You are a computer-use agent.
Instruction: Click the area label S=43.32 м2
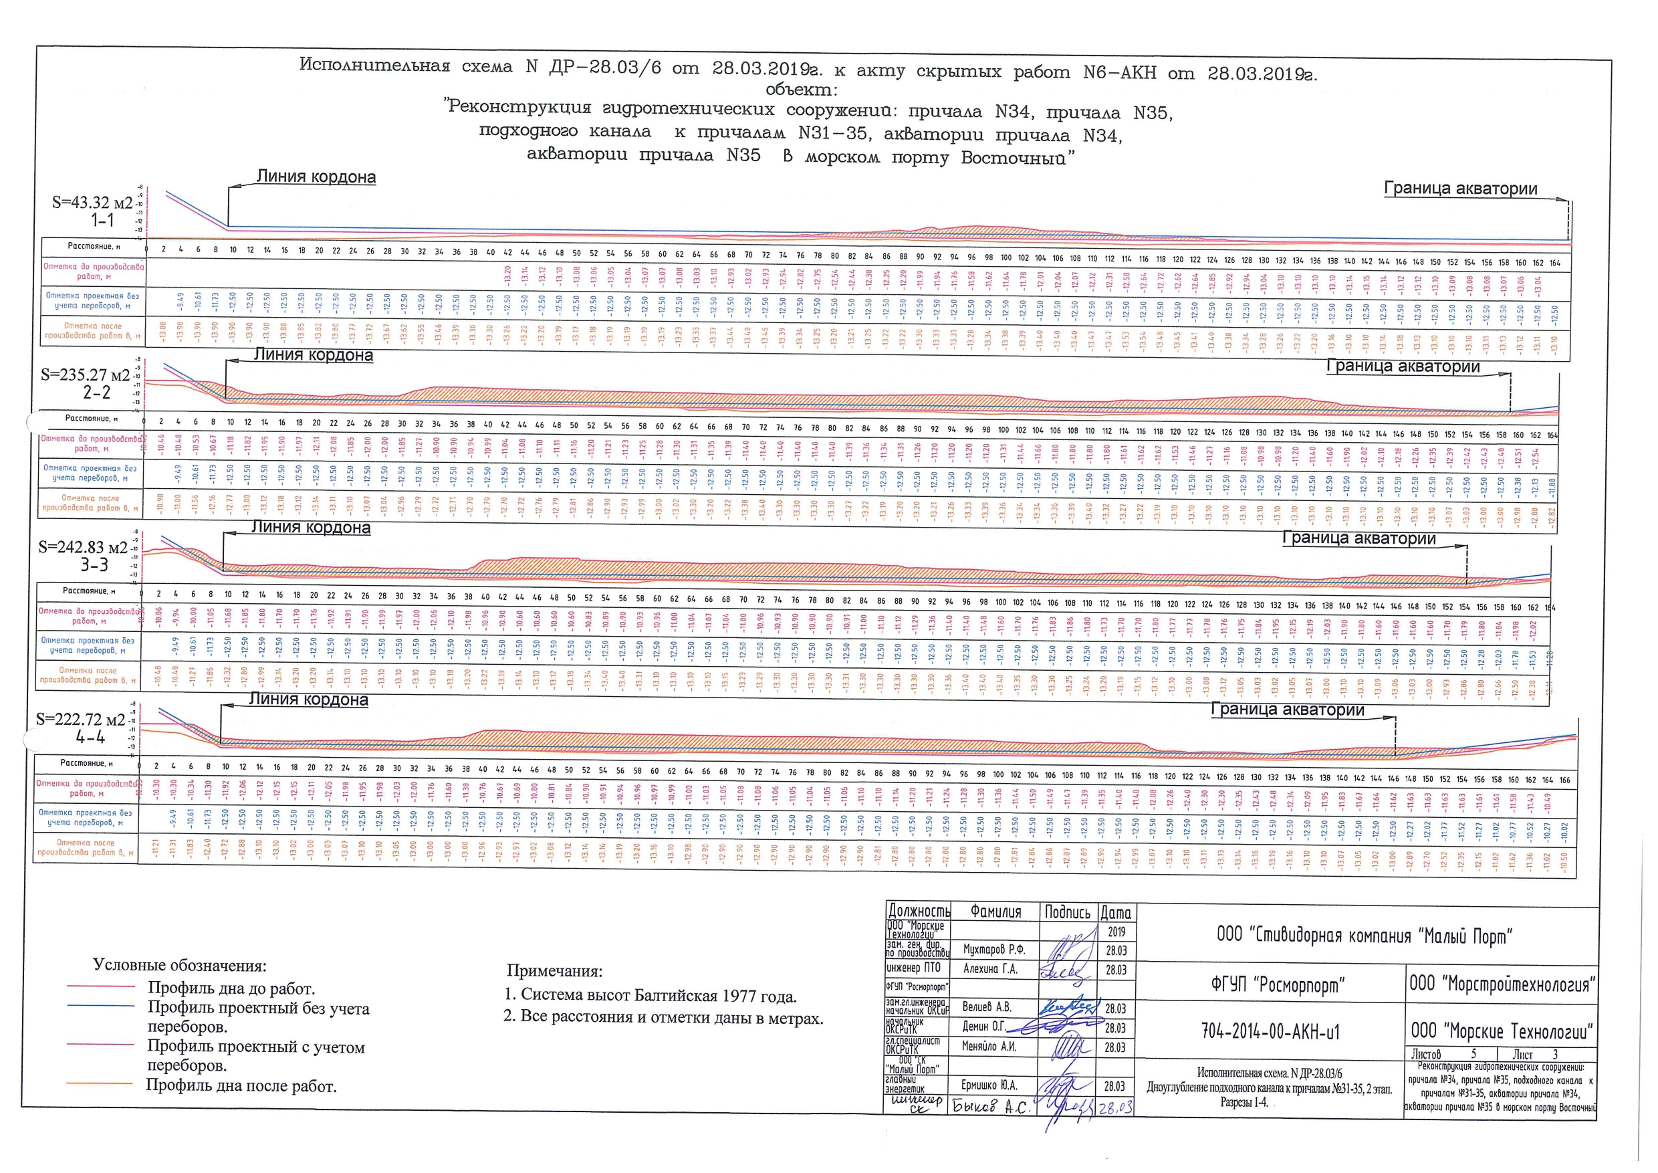click(x=92, y=203)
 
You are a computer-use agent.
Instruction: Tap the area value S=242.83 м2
click(x=83, y=548)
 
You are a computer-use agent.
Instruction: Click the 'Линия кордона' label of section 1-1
click(x=316, y=177)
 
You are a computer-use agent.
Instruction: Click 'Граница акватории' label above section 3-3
click(x=1358, y=538)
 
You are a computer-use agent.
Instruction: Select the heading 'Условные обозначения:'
click(x=180, y=966)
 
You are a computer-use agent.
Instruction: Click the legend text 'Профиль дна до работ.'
click(x=231, y=988)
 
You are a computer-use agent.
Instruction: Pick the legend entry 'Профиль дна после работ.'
click(x=241, y=1085)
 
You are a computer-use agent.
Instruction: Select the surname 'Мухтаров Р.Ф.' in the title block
click(x=993, y=950)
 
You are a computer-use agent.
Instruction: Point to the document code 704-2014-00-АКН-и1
click(x=1270, y=1032)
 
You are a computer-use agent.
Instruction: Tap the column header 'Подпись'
click(x=1067, y=912)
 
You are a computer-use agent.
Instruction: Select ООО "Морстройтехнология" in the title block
click(x=1502, y=984)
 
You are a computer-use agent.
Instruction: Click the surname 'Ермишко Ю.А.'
click(x=989, y=1085)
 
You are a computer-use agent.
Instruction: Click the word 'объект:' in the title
click(x=801, y=90)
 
